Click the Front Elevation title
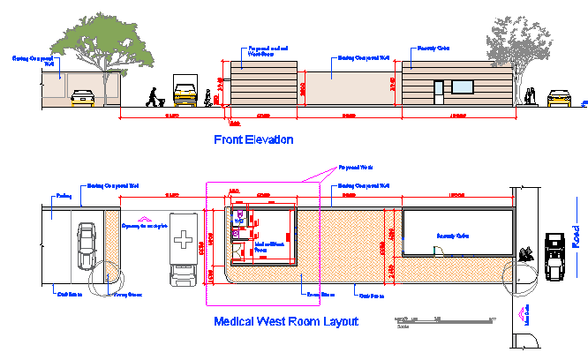[253, 139]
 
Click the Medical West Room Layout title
[286, 321]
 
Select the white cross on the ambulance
[184, 239]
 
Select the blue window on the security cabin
[464, 86]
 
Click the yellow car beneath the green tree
[82, 96]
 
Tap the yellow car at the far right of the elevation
[559, 97]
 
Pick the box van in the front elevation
[185, 89]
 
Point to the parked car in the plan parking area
[86, 246]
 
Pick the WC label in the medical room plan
[238, 220]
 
